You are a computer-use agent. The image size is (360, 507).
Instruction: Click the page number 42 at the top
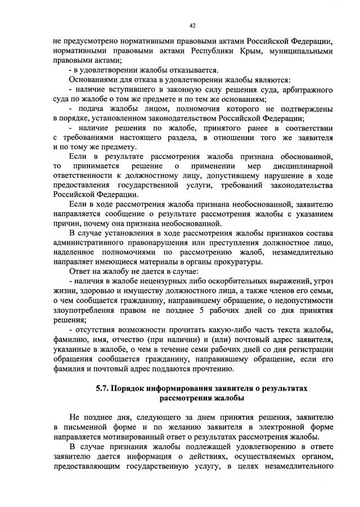(x=192, y=25)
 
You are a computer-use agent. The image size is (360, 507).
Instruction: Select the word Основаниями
(x=96, y=80)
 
